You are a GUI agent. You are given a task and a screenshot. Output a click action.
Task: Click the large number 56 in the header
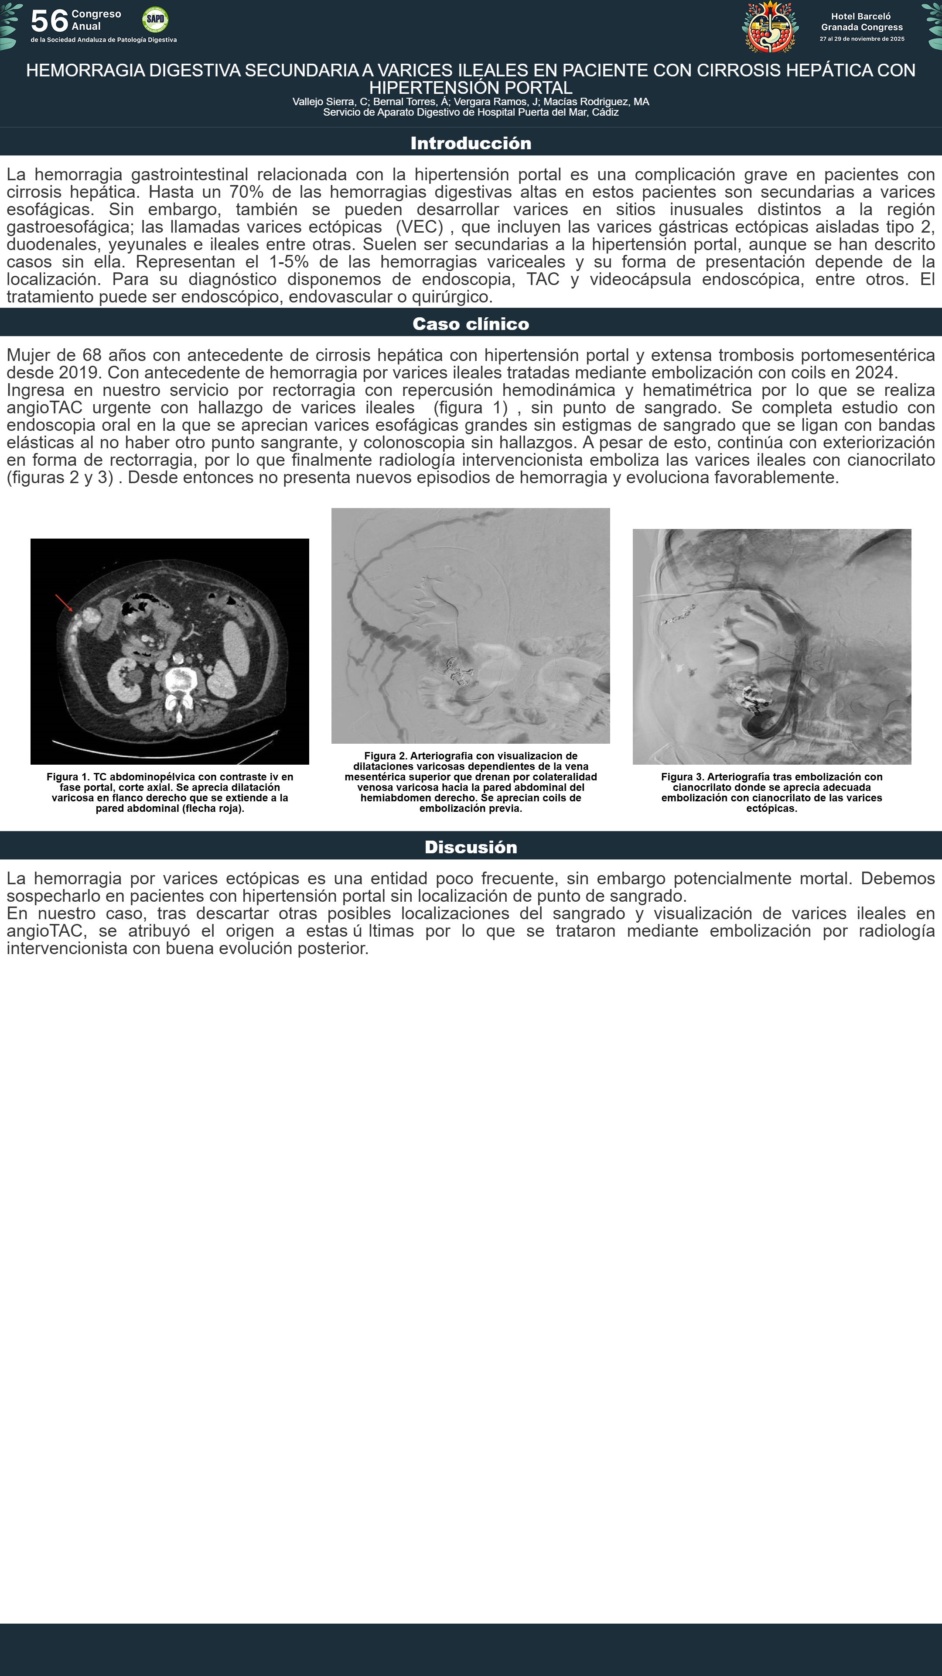click(49, 21)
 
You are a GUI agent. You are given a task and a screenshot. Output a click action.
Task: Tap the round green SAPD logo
click(155, 20)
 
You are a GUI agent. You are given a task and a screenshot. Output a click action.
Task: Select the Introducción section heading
click(471, 143)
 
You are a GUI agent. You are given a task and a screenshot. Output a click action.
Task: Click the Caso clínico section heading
click(471, 324)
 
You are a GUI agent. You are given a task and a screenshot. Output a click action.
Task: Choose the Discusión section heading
click(471, 847)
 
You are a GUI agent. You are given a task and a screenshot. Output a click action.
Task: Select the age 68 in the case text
click(92, 355)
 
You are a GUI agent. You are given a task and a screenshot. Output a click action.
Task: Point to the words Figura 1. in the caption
click(68, 777)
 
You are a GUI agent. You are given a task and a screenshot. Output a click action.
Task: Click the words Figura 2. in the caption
click(386, 756)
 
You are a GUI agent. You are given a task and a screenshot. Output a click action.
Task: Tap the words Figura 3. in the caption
click(682, 777)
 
